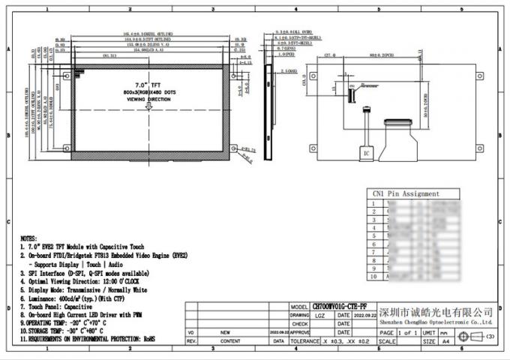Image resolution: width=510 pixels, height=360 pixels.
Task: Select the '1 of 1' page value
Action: [x=409, y=331]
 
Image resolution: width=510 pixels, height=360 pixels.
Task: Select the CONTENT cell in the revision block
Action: [x=231, y=340]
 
